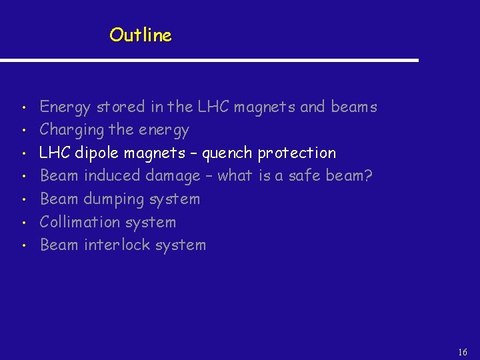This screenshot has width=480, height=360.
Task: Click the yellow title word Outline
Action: [x=141, y=35]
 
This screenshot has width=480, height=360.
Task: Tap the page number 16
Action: [x=463, y=351]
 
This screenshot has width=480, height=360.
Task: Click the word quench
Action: [x=227, y=153]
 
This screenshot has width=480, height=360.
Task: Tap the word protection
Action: [x=297, y=153]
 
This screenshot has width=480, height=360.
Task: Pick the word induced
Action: [x=108, y=176]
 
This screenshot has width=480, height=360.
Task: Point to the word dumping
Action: [x=114, y=199]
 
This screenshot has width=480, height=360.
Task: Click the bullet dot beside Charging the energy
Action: [x=23, y=130]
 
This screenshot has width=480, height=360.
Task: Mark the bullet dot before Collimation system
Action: [x=23, y=222]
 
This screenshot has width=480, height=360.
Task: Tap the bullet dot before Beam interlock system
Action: [x=23, y=245]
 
